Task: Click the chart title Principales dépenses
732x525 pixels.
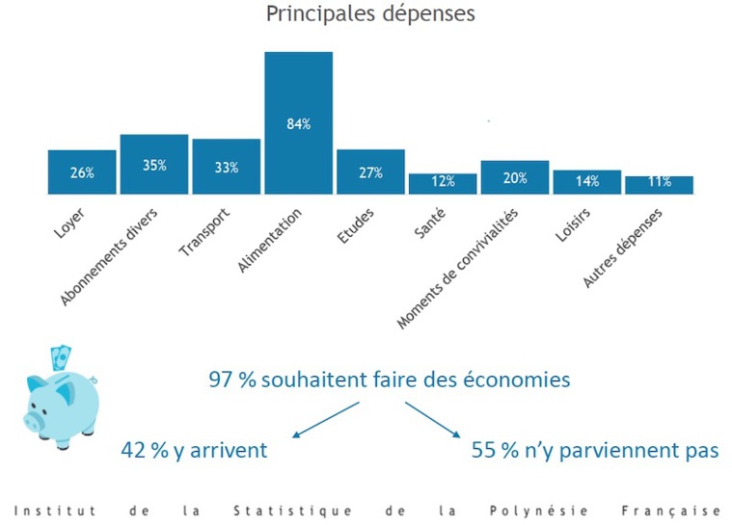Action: (369, 15)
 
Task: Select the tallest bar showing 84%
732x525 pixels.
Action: (298, 122)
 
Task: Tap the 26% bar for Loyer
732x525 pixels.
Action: (82, 172)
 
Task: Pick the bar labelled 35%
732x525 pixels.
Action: (154, 165)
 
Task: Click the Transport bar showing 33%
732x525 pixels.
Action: (226, 167)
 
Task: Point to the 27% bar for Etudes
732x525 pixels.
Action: (370, 172)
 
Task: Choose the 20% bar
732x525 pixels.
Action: (514, 177)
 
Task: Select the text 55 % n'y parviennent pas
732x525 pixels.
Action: (594, 449)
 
